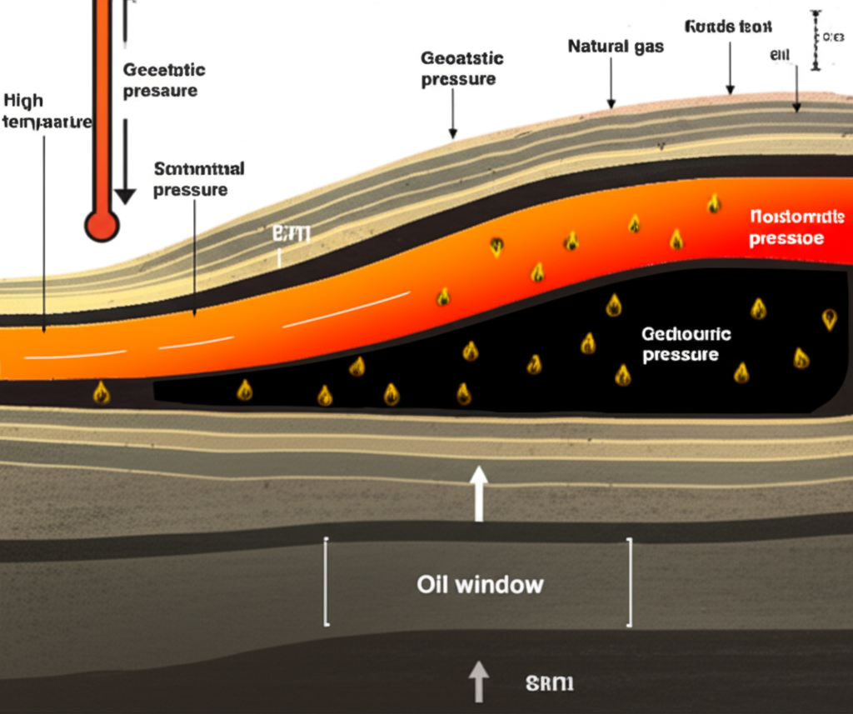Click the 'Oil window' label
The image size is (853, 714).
coord(480,584)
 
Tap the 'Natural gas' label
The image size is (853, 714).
coord(616,46)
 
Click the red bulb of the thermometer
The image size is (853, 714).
coord(102,225)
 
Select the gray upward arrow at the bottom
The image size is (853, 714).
coord(478,680)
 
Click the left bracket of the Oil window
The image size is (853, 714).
coord(327,582)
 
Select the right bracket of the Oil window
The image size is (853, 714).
coord(629,582)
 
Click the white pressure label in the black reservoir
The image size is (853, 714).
coord(686,344)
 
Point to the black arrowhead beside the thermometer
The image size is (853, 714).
coord(125,197)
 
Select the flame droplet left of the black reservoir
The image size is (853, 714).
coord(102,392)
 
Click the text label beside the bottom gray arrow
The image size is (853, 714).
coord(550,684)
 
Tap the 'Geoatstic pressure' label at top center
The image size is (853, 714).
coord(461,68)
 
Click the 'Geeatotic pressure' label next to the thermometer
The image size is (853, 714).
coord(163,80)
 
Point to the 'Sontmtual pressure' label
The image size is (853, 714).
coord(198,179)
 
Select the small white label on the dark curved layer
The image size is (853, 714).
coord(291,235)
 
